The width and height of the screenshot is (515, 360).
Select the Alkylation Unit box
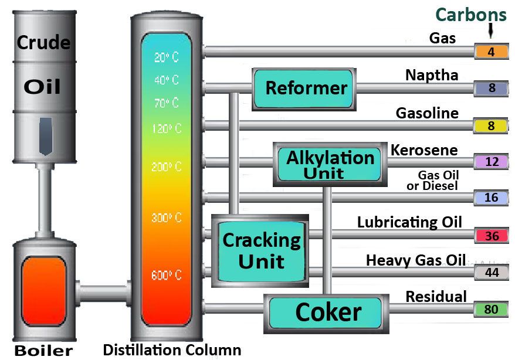330,164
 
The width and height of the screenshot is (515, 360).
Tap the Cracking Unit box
260,249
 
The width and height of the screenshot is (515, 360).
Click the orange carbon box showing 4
491,52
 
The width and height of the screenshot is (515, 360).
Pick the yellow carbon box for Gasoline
491,125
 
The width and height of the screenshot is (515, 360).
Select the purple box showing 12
491,162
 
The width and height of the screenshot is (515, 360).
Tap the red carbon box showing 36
491,236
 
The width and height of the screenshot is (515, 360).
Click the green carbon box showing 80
491,309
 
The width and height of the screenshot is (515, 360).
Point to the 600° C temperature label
167,275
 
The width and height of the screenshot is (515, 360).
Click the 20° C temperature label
167,57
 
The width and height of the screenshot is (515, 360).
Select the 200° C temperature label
167,167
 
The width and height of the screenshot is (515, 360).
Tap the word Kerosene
424,150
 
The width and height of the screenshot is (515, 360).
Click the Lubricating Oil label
409,222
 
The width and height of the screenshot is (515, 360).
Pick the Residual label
436,296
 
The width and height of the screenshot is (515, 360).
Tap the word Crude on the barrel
43,42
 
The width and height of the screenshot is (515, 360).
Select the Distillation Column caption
171,350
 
